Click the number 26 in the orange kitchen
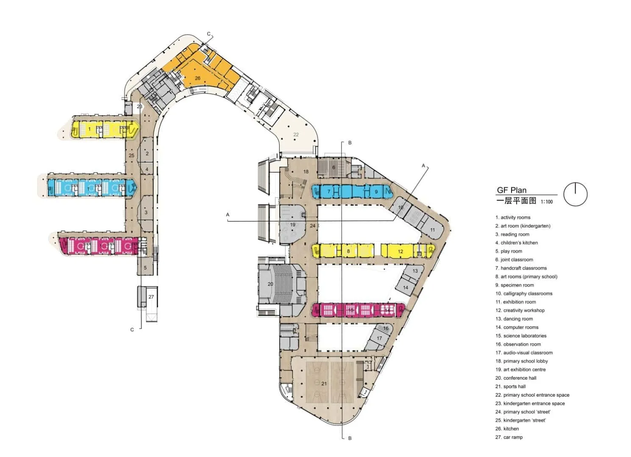click(x=197, y=78)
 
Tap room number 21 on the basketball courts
click(x=324, y=384)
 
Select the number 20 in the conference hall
click(x=270, y=284)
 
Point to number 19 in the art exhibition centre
click(x=292, y=225)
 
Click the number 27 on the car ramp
click(x=151, y=297)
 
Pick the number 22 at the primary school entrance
click(x=296, y=135)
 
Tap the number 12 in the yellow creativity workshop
click(x=400, y=251)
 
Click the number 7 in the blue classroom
click(x=329, y=192)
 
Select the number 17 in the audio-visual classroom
click(x=379, y=338)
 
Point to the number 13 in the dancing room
click(x=415, y=271)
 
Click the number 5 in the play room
click(x=145, y=268)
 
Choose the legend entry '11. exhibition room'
click(x=515, y=302)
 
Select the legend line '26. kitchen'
click(x=508, y=429)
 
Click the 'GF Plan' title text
click(x=511, y=190)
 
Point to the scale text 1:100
click(x=547, y=202)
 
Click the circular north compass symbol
click(x=575, y=194)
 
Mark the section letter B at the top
click(x=350, y=143)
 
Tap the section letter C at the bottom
click(x=132, y=330)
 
